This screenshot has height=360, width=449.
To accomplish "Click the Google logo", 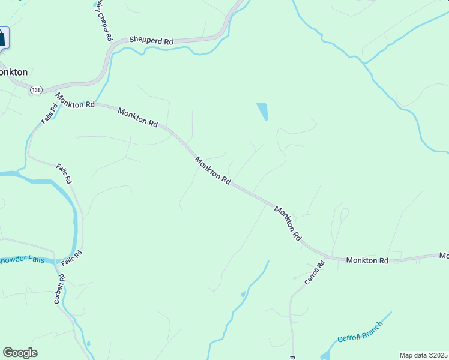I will [x=20, y=353].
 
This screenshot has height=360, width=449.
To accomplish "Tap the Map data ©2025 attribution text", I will [x=424, y=355].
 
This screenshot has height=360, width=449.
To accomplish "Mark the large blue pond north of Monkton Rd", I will [x=262, y=111].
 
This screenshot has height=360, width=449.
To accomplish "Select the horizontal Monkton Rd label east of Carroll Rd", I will [x=367, y=260].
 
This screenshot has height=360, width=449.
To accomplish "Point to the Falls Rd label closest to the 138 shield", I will [x=50, y=114].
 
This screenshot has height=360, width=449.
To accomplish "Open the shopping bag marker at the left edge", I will [x=2, y=37].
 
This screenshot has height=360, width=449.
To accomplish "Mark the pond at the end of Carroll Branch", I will [x=325, y=355].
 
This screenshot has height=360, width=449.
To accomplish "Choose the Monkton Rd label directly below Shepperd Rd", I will [x=137, y=117].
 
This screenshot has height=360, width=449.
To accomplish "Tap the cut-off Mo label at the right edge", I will [x=444, y=256].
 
